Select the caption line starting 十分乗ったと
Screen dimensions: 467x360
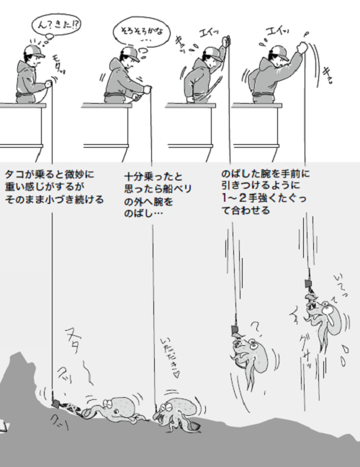(x=154, y=175)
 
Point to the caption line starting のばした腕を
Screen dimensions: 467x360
(x=265, y=174)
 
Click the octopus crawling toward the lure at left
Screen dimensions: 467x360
(x=115, y=410)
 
